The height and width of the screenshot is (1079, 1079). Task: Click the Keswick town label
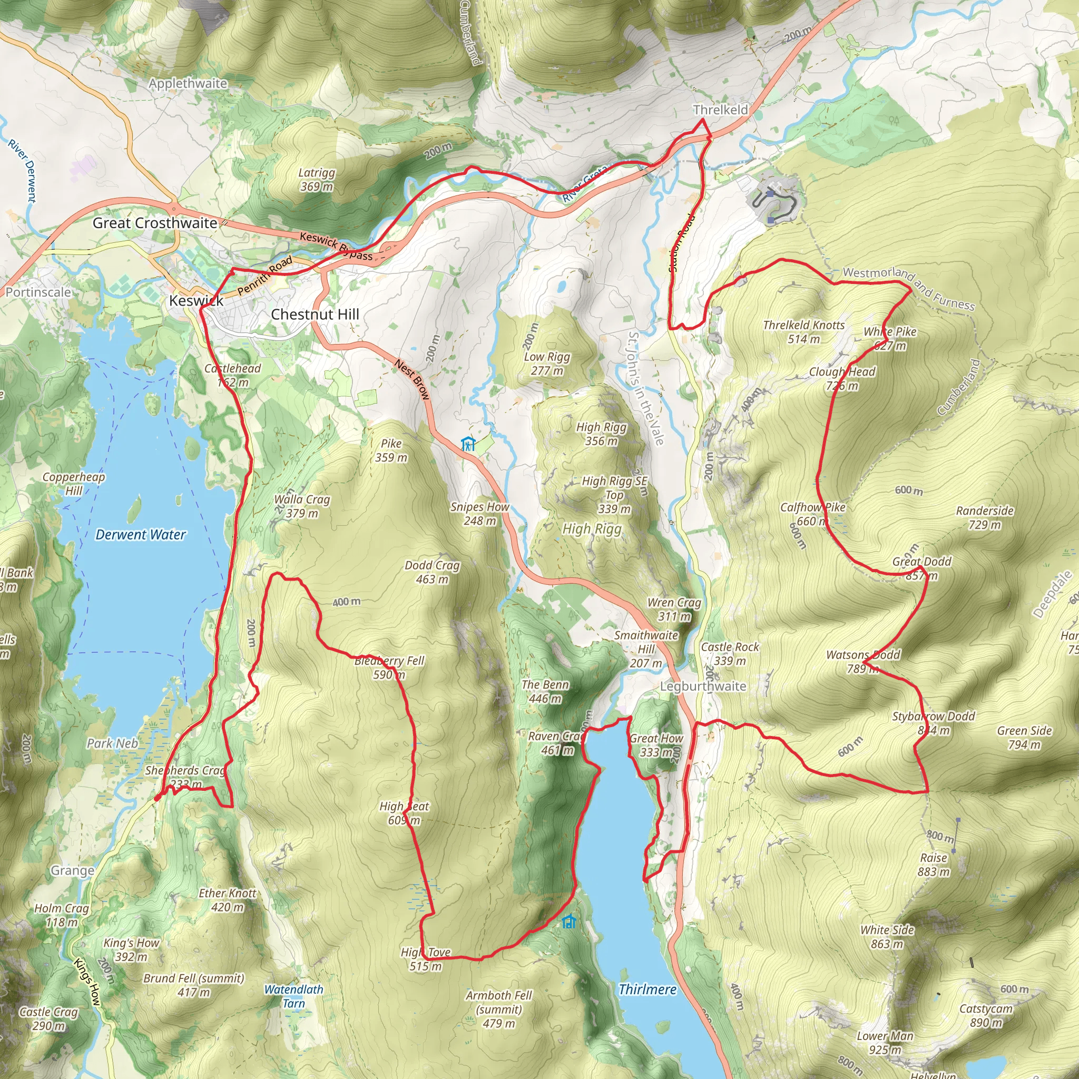[x=196, y=300]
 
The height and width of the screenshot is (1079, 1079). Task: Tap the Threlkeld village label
[x=720, y=110]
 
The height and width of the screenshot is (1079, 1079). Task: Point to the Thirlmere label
[x=648, y=989]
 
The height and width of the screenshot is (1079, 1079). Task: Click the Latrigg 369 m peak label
[x=317, y=180]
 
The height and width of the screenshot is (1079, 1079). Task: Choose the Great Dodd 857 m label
[x=921, y=568]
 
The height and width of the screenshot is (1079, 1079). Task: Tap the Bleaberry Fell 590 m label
[x=389, y=668]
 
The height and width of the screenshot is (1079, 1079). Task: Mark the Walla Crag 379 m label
[x=302, y=506]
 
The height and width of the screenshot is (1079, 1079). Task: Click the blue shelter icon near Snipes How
[x=468, y=444]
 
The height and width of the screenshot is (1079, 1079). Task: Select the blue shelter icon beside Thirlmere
[x=568, y=921]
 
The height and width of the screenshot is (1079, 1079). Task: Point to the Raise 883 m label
[x=934, y=865]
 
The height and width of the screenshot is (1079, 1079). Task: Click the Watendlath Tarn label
[x=294, y=996]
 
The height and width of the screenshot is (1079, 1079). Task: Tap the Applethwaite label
[x=188, y=83]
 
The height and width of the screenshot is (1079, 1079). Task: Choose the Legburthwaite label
[x=703, y=686]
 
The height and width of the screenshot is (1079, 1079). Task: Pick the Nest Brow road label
[x=412, y=380]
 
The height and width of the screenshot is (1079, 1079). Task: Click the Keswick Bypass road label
[x=336, y=246]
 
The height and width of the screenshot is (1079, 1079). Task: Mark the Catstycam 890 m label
[x=986, y=1015]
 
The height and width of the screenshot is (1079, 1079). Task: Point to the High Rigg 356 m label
[x=602, y=434]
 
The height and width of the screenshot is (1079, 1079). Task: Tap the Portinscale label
[x=38, y=292]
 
